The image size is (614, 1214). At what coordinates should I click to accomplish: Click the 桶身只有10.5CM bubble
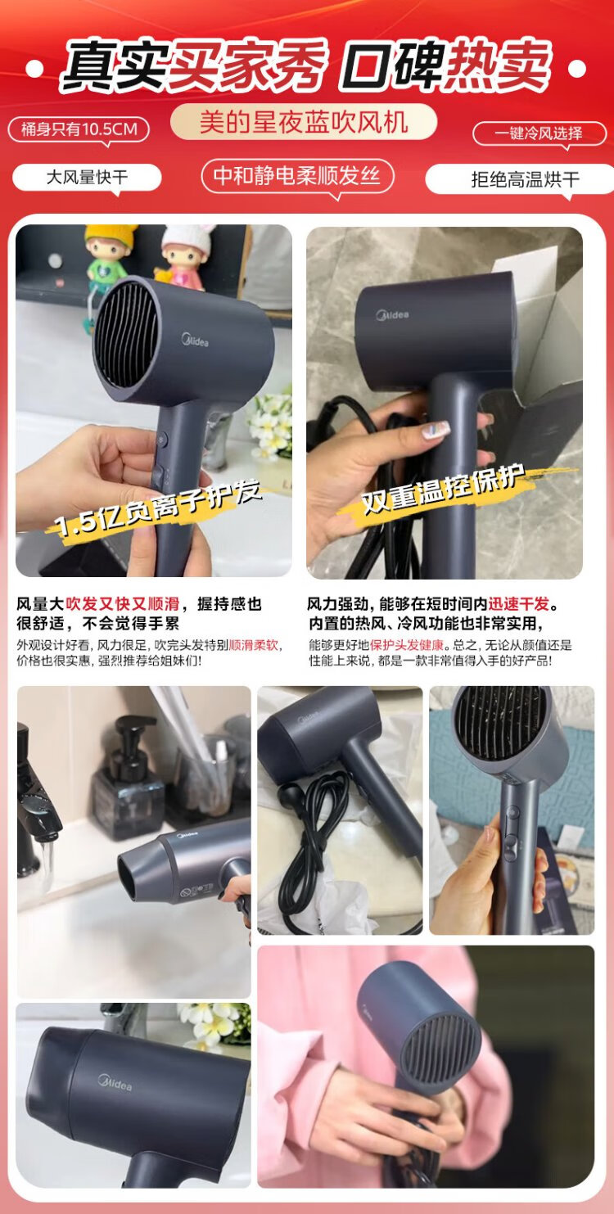tap(78, 129)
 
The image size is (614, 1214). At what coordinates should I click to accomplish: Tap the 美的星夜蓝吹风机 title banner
tap(304, 121)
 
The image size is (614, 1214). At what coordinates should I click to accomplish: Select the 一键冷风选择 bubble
tap(539, 133)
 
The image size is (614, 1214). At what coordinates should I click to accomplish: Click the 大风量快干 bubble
tap(87, 177)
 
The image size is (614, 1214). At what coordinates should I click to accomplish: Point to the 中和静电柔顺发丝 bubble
tap(297, 176)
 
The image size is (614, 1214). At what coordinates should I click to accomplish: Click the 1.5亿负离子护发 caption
tap(158, 510)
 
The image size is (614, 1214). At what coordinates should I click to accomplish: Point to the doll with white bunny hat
tap(184, 255)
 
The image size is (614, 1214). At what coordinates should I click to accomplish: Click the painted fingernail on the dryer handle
tap(436, 429)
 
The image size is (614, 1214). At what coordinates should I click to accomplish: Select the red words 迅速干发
tap(518, 604)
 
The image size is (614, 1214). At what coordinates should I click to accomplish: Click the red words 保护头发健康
tap(406, 645)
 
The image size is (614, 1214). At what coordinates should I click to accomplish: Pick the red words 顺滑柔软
tap(254, 645)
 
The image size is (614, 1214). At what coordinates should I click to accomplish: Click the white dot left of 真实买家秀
tap(34, 69)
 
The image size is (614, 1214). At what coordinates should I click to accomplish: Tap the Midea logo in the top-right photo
tap(392, 315)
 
